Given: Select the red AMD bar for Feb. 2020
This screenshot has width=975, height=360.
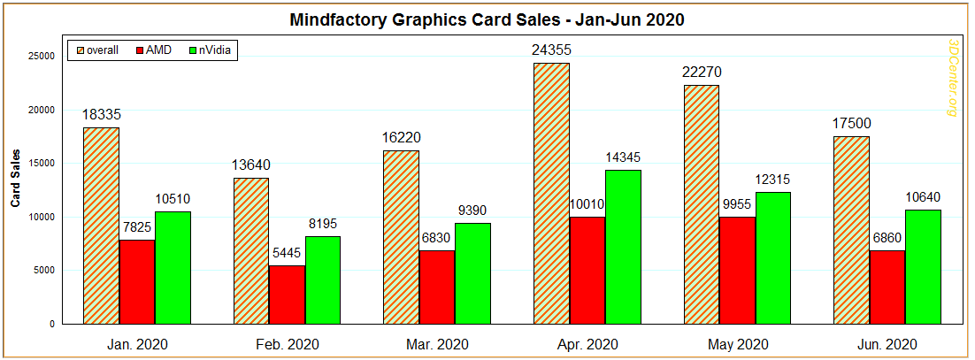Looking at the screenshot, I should click(287, 295).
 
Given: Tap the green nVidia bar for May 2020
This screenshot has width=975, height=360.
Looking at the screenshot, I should click(772, 257).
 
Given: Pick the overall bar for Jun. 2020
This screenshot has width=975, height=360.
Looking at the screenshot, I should click(852, 230).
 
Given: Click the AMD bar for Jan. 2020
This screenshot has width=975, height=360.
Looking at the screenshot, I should click(136, 281).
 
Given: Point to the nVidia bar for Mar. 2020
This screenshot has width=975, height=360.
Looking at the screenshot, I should click(472, 273).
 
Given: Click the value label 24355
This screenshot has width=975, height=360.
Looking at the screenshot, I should click(551, 50).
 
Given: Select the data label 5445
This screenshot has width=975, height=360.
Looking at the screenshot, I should click(287, 254).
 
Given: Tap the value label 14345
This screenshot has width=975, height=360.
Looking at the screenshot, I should click(623, 157).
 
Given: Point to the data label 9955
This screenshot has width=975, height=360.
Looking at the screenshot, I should click(737, 204).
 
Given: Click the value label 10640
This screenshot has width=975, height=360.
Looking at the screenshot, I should click(923, 197).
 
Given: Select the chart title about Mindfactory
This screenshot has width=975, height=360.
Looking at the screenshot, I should click(488, 19).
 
